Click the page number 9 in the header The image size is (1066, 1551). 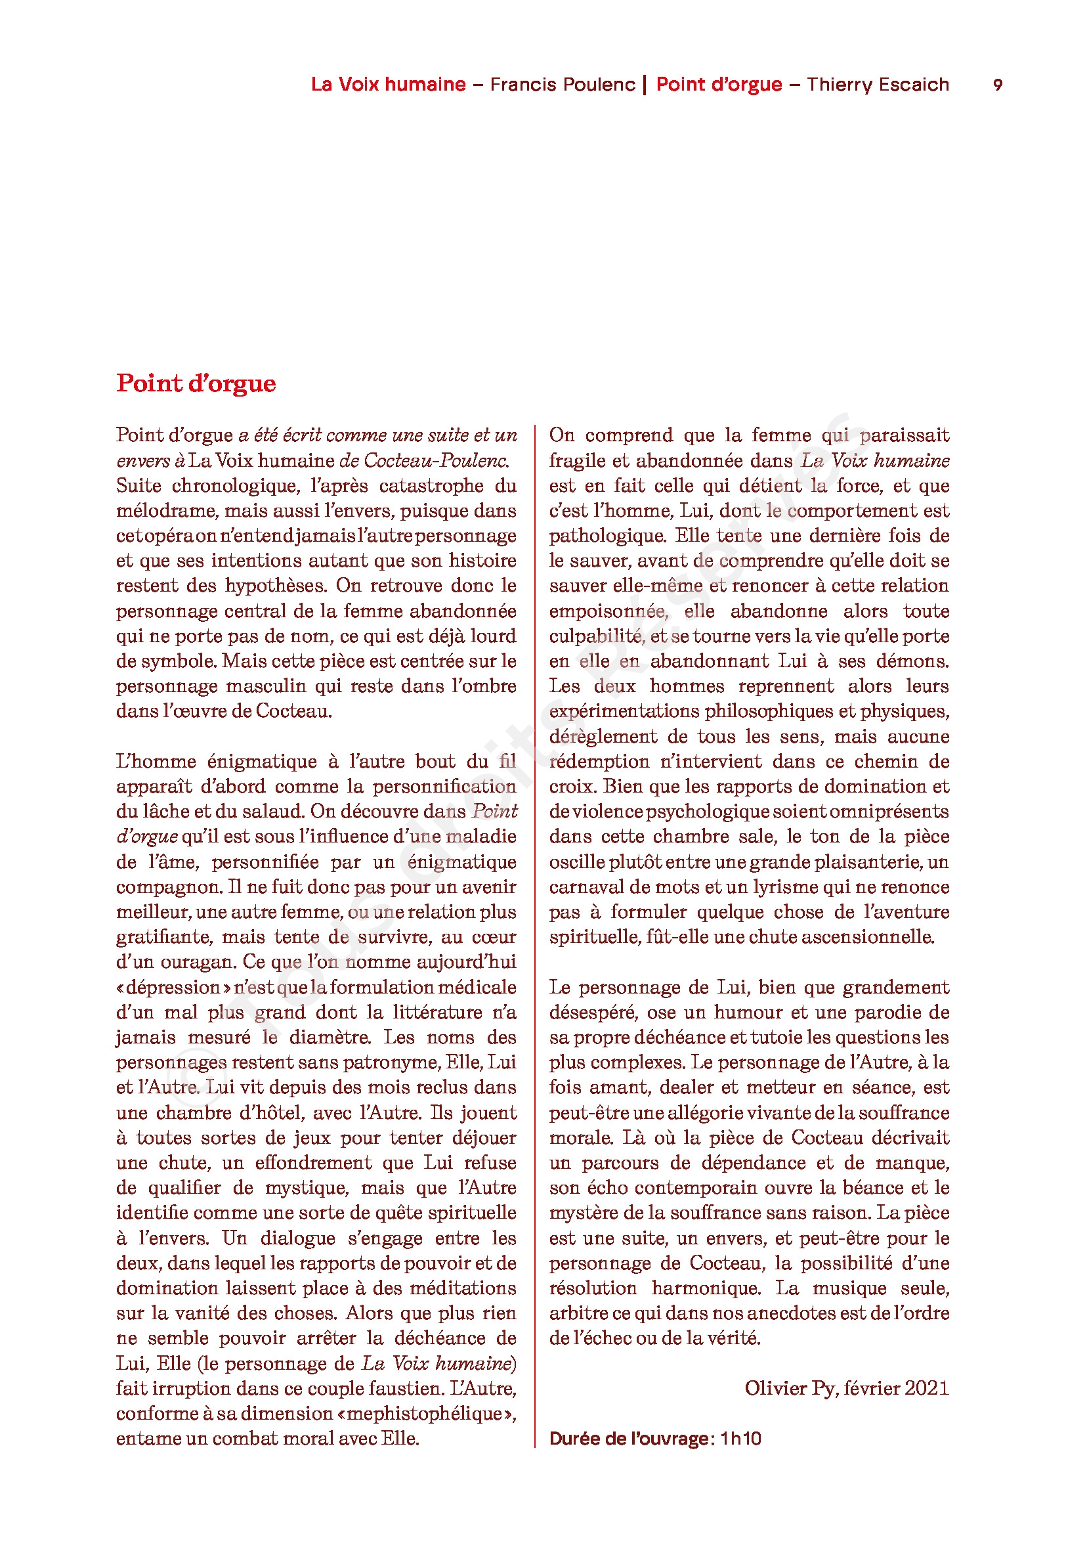997,85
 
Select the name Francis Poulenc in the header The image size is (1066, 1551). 563,85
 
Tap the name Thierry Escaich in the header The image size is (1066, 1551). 878,85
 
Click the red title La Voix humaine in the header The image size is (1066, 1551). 388,85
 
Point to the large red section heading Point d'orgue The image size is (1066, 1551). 196,383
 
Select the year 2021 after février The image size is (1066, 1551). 926,1388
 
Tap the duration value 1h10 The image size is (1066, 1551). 740,1438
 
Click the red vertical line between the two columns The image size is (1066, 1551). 535,935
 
